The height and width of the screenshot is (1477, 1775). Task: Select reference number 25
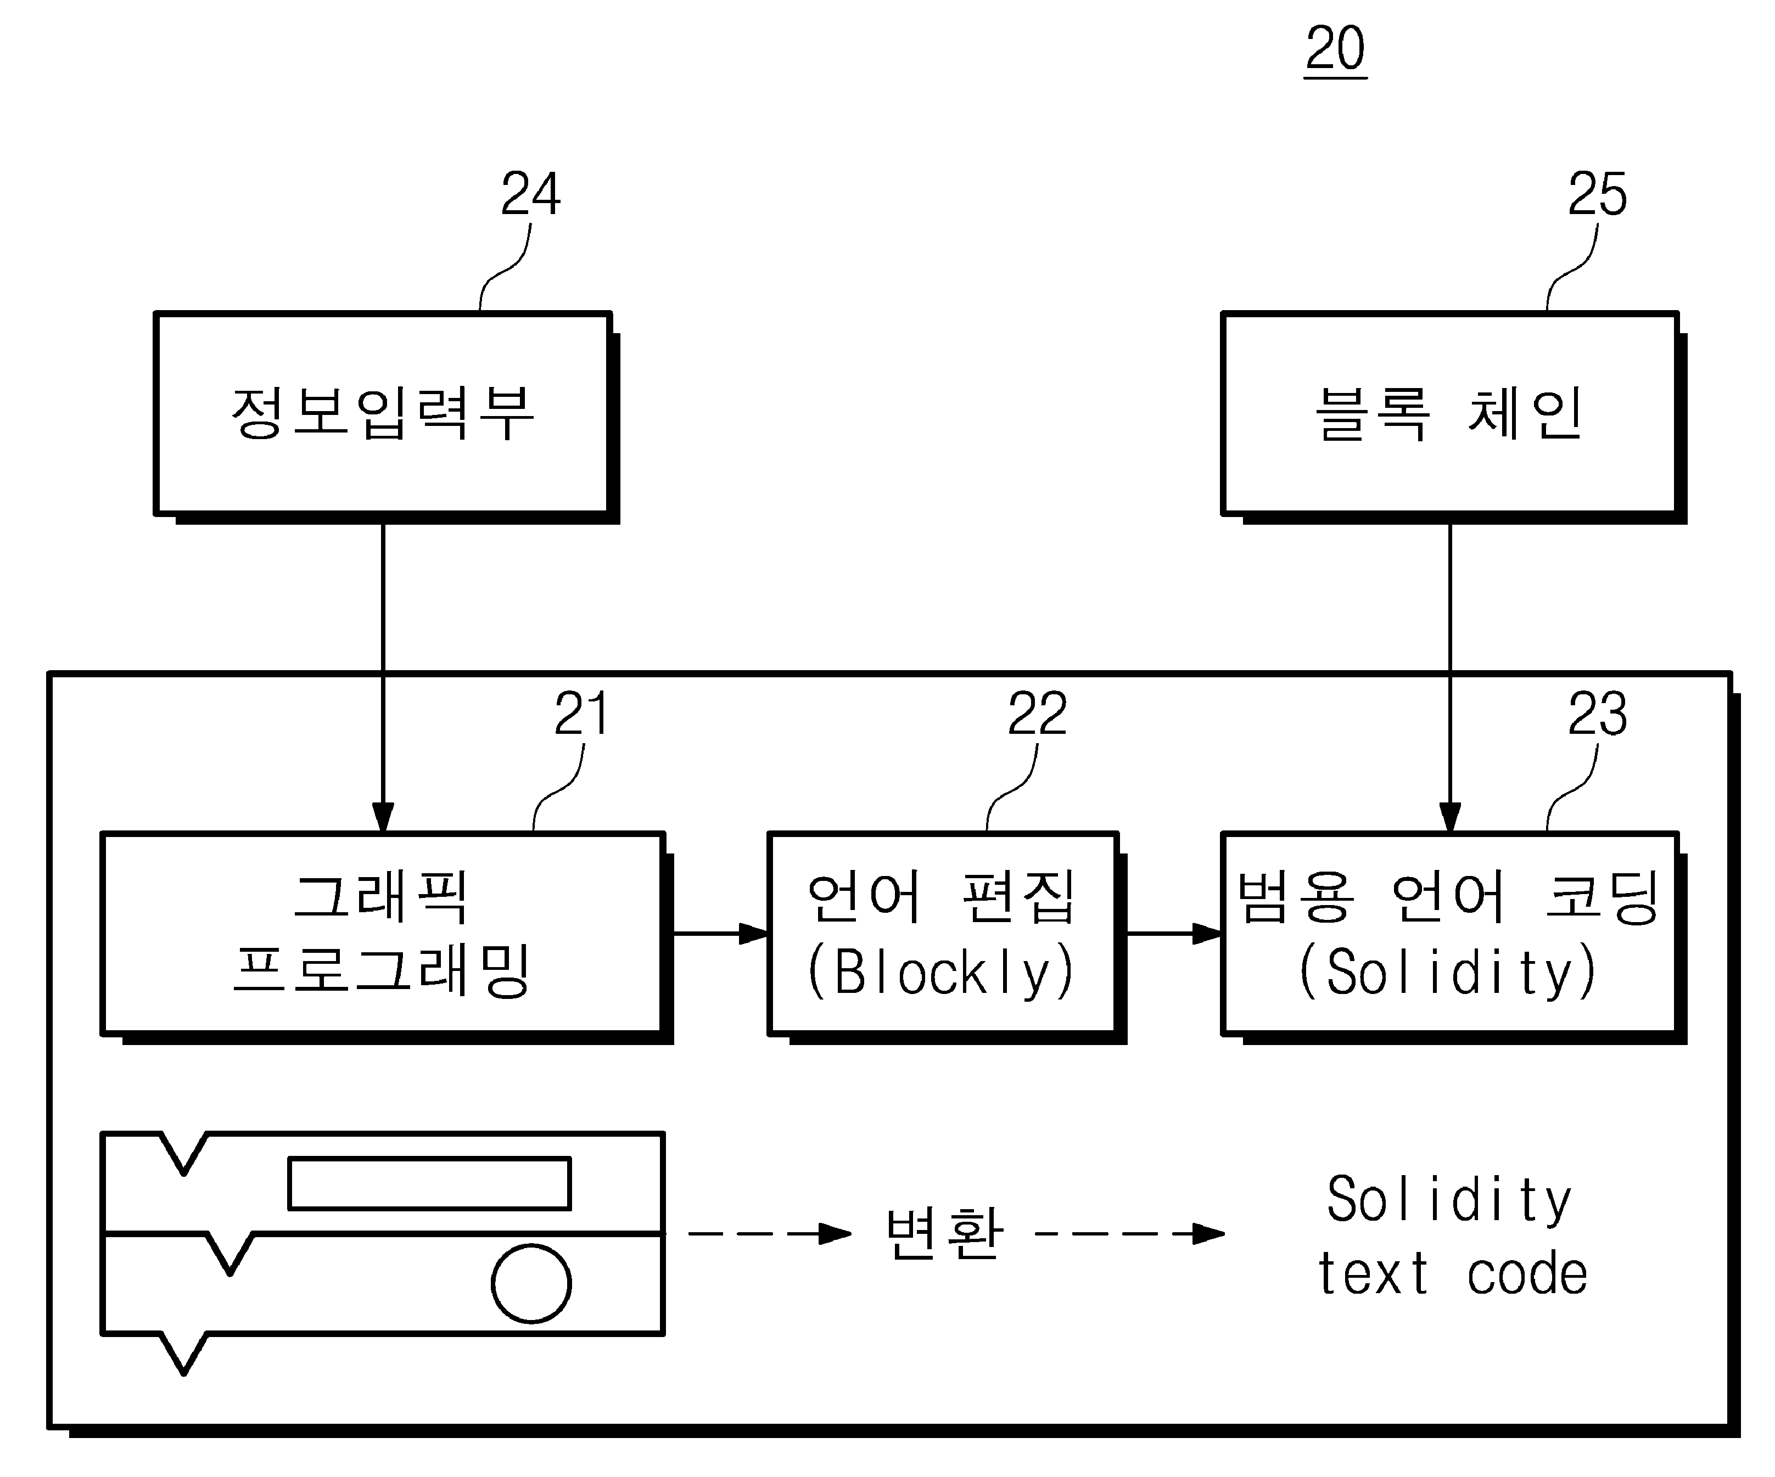point(1597,194)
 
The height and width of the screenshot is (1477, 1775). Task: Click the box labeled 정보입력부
point(383,413)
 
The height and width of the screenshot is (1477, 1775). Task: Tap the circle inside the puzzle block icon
point(531,1283)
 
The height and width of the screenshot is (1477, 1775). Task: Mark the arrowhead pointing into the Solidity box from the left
point(1206,934)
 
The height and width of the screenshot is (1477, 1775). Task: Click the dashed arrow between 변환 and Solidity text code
point(1130,1234)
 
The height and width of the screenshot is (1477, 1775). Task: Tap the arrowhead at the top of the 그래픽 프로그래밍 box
point(383,817)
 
